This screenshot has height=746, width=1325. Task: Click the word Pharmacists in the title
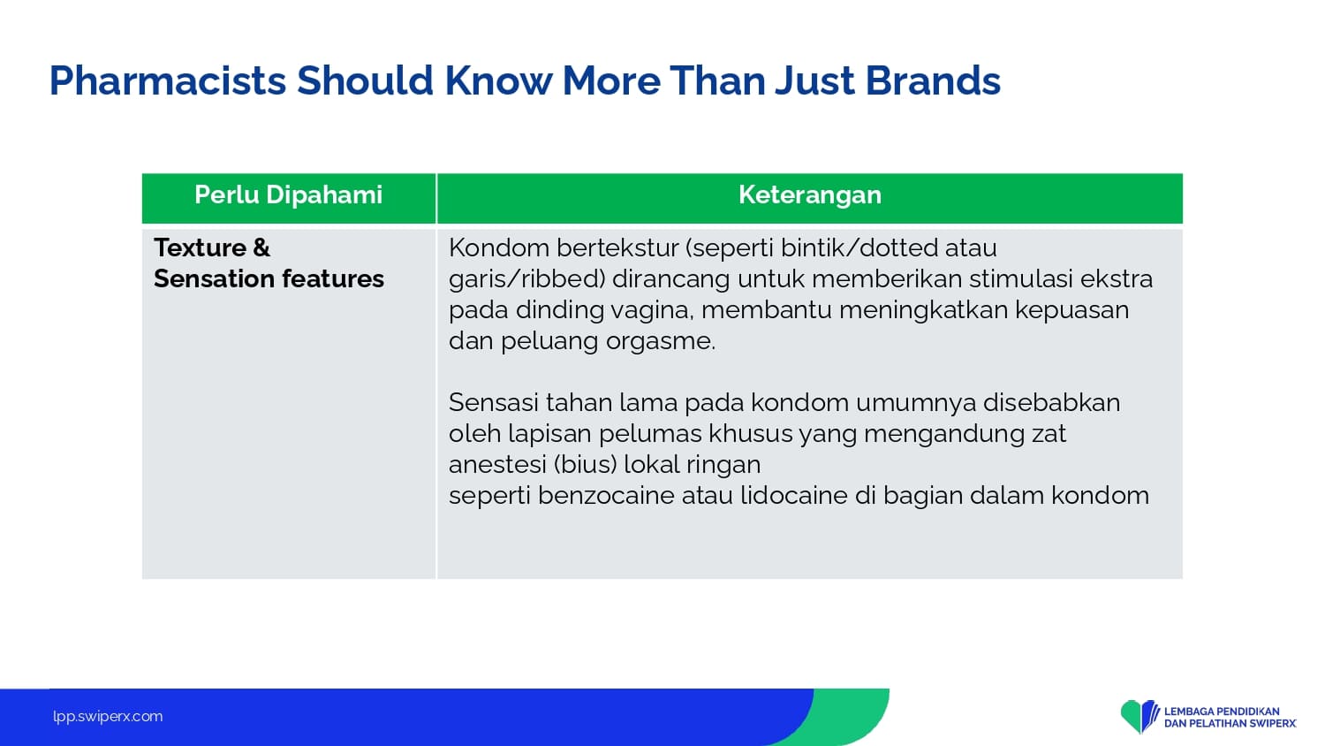[x=168, y=81]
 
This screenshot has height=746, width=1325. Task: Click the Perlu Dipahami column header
[x=289, y=194]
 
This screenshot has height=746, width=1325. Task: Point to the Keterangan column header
[x=810, y=194]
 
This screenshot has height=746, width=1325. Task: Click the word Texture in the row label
[x=200, y=247]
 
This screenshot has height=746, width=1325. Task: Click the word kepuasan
[x=1071, y=310]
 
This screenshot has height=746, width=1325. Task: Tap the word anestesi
[x=497, y=465]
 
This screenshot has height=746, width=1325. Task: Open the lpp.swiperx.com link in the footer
[x=108, y=717]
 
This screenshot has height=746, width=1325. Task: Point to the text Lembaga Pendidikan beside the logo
[x=1222, y=711]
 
